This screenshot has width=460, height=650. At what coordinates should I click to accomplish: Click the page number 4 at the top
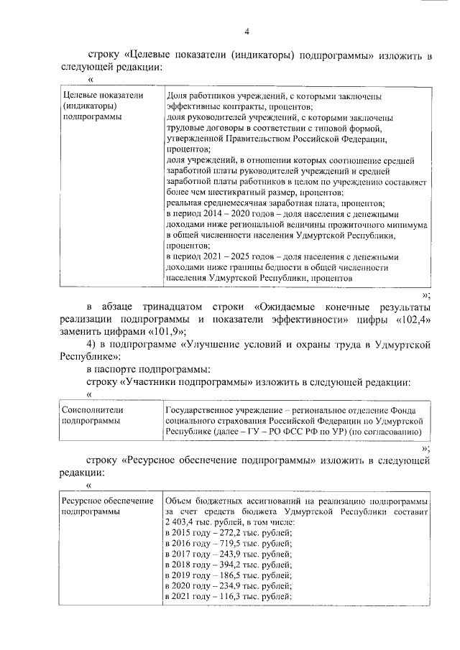(x=247, y=32)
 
